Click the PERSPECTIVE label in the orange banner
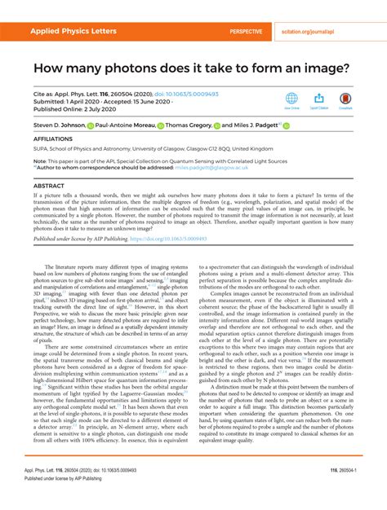(246, 31)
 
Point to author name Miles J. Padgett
(252, 125)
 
